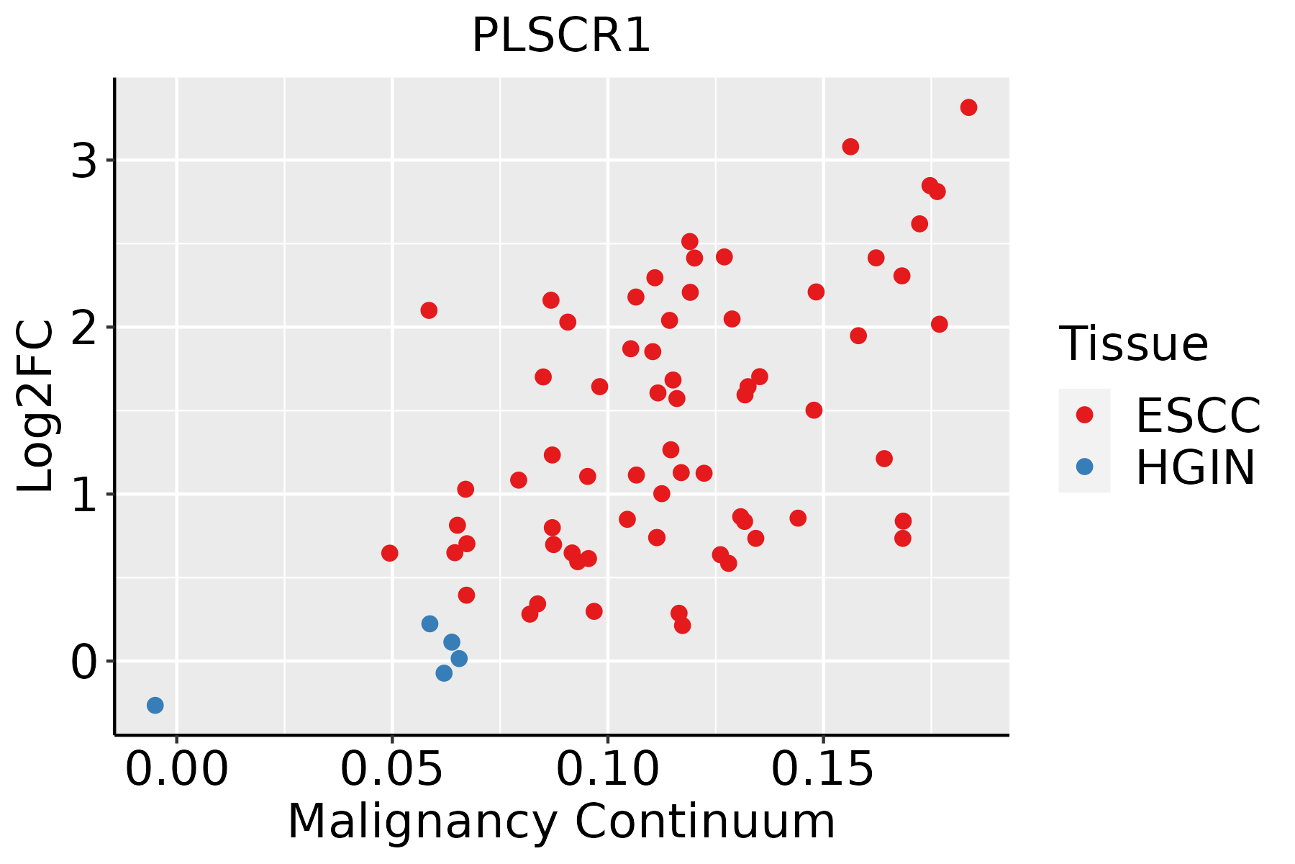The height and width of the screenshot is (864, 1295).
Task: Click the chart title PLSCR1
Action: tap(561, 36)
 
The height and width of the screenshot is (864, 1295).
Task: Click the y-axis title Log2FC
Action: tap(36, 407)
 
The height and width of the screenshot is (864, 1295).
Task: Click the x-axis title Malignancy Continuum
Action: tap(561, 822)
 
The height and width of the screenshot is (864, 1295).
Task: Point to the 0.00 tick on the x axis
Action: tap(176, 770)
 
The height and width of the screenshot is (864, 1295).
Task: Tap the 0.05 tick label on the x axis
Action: tap(391, 770)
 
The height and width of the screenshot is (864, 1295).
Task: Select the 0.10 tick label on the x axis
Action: tap(608, 770)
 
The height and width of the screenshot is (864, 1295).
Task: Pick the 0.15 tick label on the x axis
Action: tap(823, 770)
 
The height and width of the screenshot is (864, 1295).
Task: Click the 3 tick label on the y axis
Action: tap(84, 161)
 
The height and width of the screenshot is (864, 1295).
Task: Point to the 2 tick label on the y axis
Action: tap(84, 328)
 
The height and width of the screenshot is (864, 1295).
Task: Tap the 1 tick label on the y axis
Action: tap(84, 495)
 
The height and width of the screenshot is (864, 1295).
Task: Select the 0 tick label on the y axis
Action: tap(84, 662)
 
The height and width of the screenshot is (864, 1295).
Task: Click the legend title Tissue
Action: tap(1134, 344)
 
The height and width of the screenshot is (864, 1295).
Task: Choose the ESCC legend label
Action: tap(1198, 415)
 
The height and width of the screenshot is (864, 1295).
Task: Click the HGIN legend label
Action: tap(1195, 468)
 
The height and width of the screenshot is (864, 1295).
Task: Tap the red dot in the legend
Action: tap(1084, 415)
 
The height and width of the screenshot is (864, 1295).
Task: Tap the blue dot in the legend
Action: tap(1084, 467)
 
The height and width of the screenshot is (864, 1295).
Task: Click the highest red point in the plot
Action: tap(968, 107)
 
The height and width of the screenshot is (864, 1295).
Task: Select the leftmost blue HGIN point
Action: tap(155, 705)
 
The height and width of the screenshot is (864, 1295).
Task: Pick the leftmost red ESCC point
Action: tap(389, 553)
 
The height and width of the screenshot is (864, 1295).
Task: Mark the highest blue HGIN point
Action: tap(430, 624)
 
